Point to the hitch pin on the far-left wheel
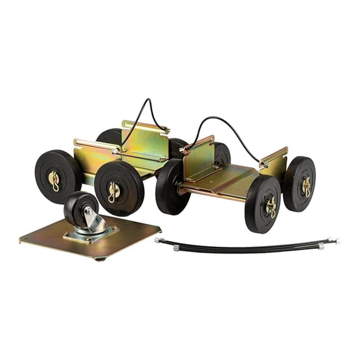click(55, 181)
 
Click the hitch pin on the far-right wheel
click(307, 186)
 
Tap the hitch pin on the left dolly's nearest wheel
click(114, 191)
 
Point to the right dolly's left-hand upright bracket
click(199, 156)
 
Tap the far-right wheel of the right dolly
click(300, 184)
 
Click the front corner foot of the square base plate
click(97, 257)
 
